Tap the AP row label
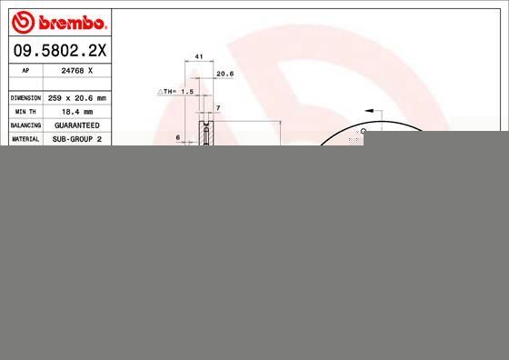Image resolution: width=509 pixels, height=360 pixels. [25, 70]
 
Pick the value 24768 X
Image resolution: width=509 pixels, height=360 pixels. [76, 70]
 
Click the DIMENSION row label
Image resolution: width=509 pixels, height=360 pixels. [25, 97]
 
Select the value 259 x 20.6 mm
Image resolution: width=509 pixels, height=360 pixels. [76, 97]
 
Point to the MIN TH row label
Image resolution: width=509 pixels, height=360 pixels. [25, 111]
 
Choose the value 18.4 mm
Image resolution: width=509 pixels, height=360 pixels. [76, 111]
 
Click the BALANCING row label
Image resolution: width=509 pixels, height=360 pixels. [25, 125]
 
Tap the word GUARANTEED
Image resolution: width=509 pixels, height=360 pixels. [76, 125]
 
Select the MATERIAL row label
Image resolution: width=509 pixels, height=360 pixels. [25, 138]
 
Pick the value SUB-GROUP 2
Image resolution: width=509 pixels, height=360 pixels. [76, 138]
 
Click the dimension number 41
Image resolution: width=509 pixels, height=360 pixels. [198, 56]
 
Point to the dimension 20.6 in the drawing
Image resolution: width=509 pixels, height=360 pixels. [225, 74]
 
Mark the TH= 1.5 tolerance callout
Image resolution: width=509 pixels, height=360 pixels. [178, 92]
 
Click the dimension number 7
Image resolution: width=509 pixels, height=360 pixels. [218, 108]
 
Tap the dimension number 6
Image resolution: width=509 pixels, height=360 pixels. [178, 137]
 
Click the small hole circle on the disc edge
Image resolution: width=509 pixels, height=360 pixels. [364, 131]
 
